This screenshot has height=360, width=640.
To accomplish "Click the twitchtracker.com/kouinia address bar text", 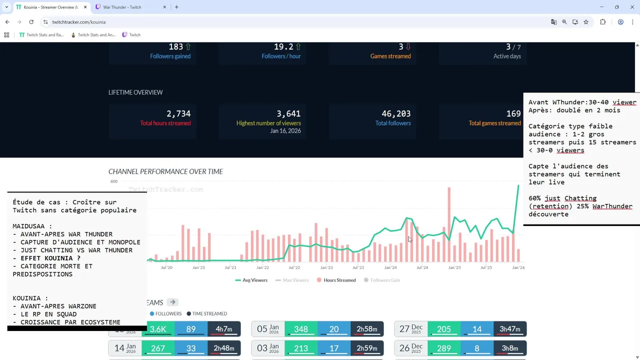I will tap(78, 22).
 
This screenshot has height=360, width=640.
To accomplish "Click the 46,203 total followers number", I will tap(396, 114).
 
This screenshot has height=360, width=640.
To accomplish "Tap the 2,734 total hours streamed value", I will tap(178, 114).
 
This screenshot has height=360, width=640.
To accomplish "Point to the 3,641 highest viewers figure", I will tap(288, 114).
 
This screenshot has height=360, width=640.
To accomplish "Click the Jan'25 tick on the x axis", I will tap(454, 267).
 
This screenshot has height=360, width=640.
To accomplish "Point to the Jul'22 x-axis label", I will tap(294, 267).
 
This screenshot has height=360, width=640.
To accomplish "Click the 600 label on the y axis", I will tap(113, 181).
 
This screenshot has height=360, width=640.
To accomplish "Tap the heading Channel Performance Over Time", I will tap(165, 171).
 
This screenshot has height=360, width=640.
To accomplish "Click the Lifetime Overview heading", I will tap(135, 92).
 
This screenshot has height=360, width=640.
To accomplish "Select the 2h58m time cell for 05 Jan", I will tap(366, 329).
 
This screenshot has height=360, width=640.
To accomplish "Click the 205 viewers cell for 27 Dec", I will tap(443, 329).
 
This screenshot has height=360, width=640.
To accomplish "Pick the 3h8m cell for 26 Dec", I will tap(509, 348).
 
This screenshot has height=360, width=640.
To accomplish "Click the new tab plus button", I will tap(176, 7).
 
